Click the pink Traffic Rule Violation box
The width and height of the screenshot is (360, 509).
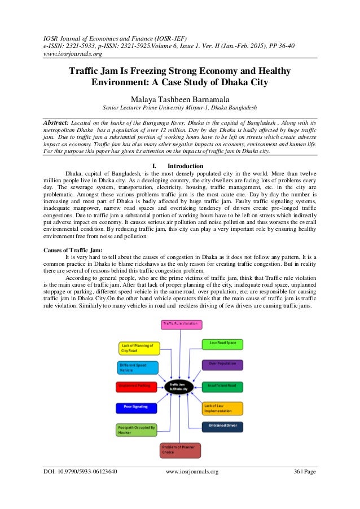pyautogui.click(x=182, y=324)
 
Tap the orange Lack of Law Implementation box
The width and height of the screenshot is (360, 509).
pyautogui.click(x=222, y=408)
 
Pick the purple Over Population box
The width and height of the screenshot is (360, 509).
pyautogui.click(x=222, y=365)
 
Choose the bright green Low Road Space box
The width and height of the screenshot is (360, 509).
pyautogui.click(x=222, y=343)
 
